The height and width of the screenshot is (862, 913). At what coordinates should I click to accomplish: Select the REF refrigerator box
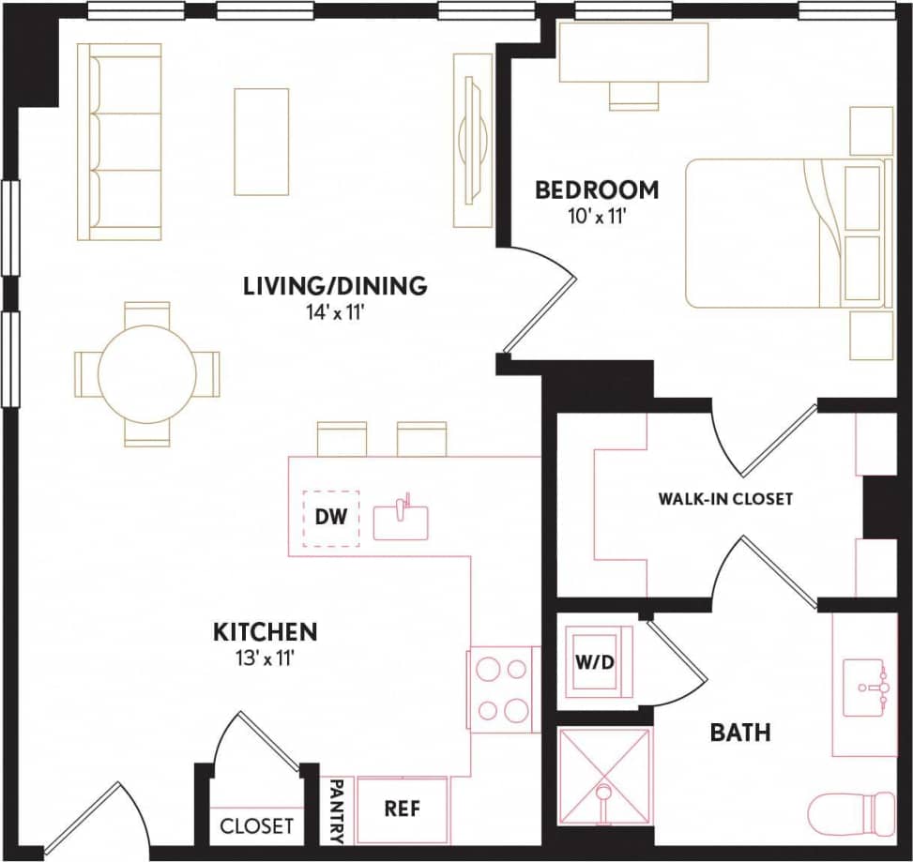pos(403,808)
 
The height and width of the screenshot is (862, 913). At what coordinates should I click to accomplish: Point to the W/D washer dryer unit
pos(594,662)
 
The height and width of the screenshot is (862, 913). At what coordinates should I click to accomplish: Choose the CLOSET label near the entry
pos(256,826)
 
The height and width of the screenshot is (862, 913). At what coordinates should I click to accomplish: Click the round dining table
pos(147,373)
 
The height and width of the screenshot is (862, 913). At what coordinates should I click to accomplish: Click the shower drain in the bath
pos(604,796)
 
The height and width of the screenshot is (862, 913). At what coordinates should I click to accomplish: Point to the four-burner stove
pos(504,689)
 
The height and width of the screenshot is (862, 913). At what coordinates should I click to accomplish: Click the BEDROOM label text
pos(597,190)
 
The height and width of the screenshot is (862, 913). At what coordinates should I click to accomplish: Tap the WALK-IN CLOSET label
pos(725,499)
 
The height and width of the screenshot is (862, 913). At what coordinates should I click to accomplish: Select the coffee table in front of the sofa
pos(261,142)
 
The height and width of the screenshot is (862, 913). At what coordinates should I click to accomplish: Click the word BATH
pos(740,732)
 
